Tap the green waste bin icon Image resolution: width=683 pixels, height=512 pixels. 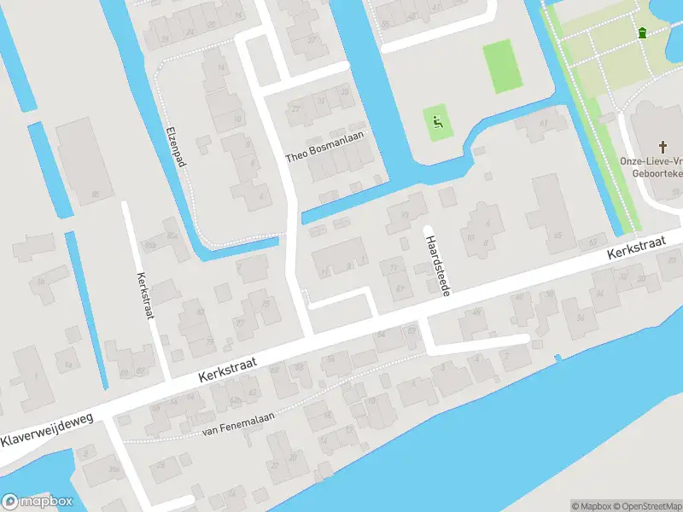tap(641, 32)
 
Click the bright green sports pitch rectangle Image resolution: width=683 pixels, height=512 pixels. tap(502, 67)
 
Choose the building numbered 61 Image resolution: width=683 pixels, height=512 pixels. tap(538, 128)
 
